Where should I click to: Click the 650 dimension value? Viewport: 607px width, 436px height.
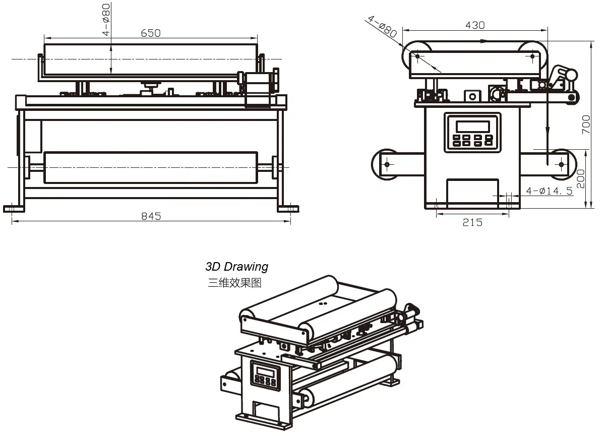tap(151, 33)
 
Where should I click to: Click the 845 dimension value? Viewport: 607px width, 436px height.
tap(151, 216)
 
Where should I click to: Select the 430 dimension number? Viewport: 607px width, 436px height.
tap(475, 25)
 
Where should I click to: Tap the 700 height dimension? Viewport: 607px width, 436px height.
tap(586, 124)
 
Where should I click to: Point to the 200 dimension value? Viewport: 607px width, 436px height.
tap(581, 178)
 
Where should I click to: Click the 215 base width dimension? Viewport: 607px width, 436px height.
tap(472, 222)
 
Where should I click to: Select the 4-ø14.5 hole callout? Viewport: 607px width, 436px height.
tap(549, 191)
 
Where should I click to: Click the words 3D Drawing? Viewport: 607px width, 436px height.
tap(236, 266)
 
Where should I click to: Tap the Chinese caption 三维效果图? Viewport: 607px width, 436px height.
tap(234, 283)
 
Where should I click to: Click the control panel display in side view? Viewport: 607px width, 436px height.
tap(473, 126)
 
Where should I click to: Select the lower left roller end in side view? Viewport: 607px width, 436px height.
tap(387, 164)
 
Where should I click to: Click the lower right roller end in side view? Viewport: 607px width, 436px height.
tap(561, 164)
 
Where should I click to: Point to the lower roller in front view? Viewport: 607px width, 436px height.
tap(151, 167)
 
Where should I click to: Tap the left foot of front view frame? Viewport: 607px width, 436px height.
tap(14, 208)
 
